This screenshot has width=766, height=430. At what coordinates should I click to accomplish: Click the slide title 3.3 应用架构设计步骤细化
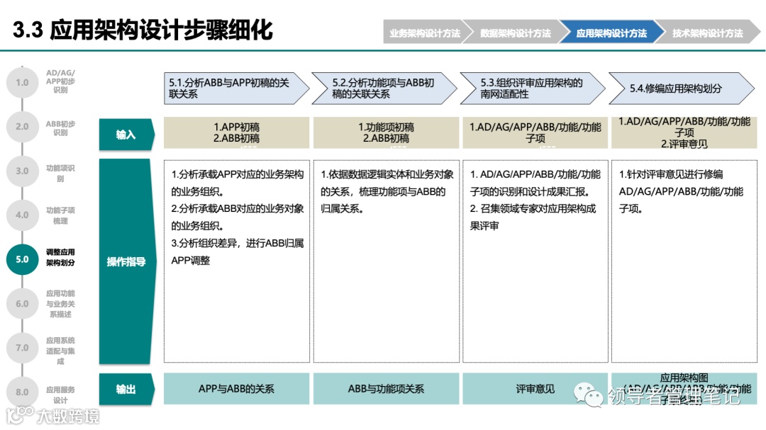tap(143, 30)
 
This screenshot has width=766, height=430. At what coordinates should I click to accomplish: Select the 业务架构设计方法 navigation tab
tap(424, 33)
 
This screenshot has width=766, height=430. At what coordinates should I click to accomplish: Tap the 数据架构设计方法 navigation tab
tap(515, 33)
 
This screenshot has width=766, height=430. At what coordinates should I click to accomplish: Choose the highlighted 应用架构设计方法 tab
tap(611, 33)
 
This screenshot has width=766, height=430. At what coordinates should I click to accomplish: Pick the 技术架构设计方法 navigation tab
tap(707, 33)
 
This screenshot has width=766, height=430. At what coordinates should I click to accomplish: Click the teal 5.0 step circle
tap(22, 259)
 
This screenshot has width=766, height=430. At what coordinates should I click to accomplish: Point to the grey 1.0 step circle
tap(22, 82)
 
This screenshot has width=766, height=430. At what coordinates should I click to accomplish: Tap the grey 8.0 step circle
tap(22, 392)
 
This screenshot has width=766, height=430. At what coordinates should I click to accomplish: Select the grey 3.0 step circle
tap(22, 171)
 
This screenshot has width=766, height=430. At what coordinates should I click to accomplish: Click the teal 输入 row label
tap(126, 134)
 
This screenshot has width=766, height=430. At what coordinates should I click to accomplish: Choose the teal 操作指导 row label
tap(126, 261)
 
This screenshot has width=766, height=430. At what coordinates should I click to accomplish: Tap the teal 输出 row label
tap(126, 389)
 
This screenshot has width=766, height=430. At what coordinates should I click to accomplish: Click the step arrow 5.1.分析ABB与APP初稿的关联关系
tap(234, 89)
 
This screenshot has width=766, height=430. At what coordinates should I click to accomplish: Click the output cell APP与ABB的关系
tap(236, 389)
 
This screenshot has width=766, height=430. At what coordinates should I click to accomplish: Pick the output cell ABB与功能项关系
tap(386, 389)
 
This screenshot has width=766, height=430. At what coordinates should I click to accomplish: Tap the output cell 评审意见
tap(535, 389)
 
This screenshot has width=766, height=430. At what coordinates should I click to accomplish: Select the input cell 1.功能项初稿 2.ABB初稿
tap(386, 132)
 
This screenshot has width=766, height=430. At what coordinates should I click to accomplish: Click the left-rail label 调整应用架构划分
tap(60, 257)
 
